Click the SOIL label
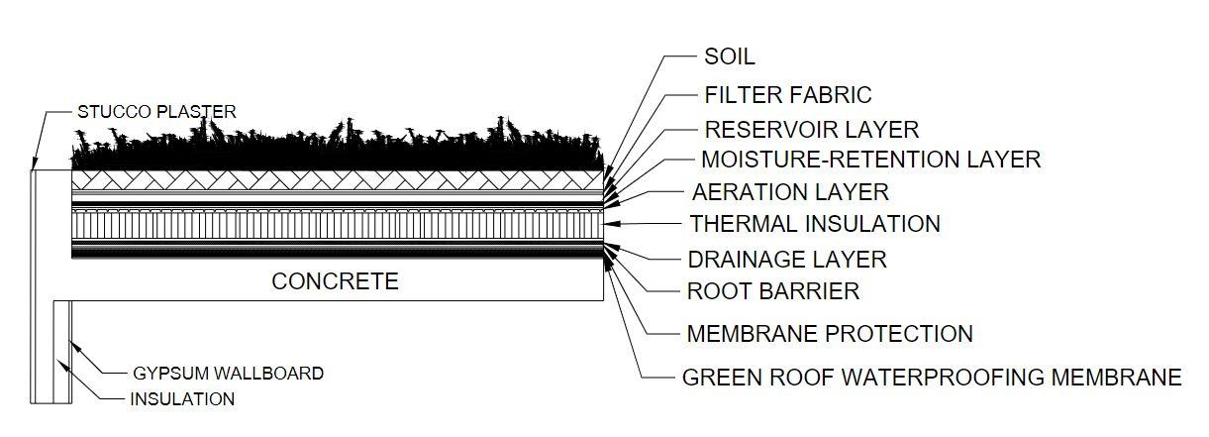tap(729, 57)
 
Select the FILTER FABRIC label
tap(787, 95)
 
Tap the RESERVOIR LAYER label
tap(811, 129)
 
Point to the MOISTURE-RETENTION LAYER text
tap(870, 159)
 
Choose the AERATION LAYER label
tap(789, 191)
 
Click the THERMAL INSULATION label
tap(814, 224)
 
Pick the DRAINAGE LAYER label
tap(786, 260)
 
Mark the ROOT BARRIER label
tap(772, 291)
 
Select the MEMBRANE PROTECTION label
tap(829, 334)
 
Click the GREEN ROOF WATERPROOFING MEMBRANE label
tap(932, 378)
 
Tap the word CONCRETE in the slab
tap(335, 282)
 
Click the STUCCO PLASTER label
tap(156, 112)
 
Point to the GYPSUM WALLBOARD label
tap(228, 374)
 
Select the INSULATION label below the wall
tap(182, 400)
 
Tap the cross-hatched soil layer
tap(337, 178)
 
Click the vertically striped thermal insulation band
tap(337, 225)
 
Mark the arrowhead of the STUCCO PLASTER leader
tap(34, 165)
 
